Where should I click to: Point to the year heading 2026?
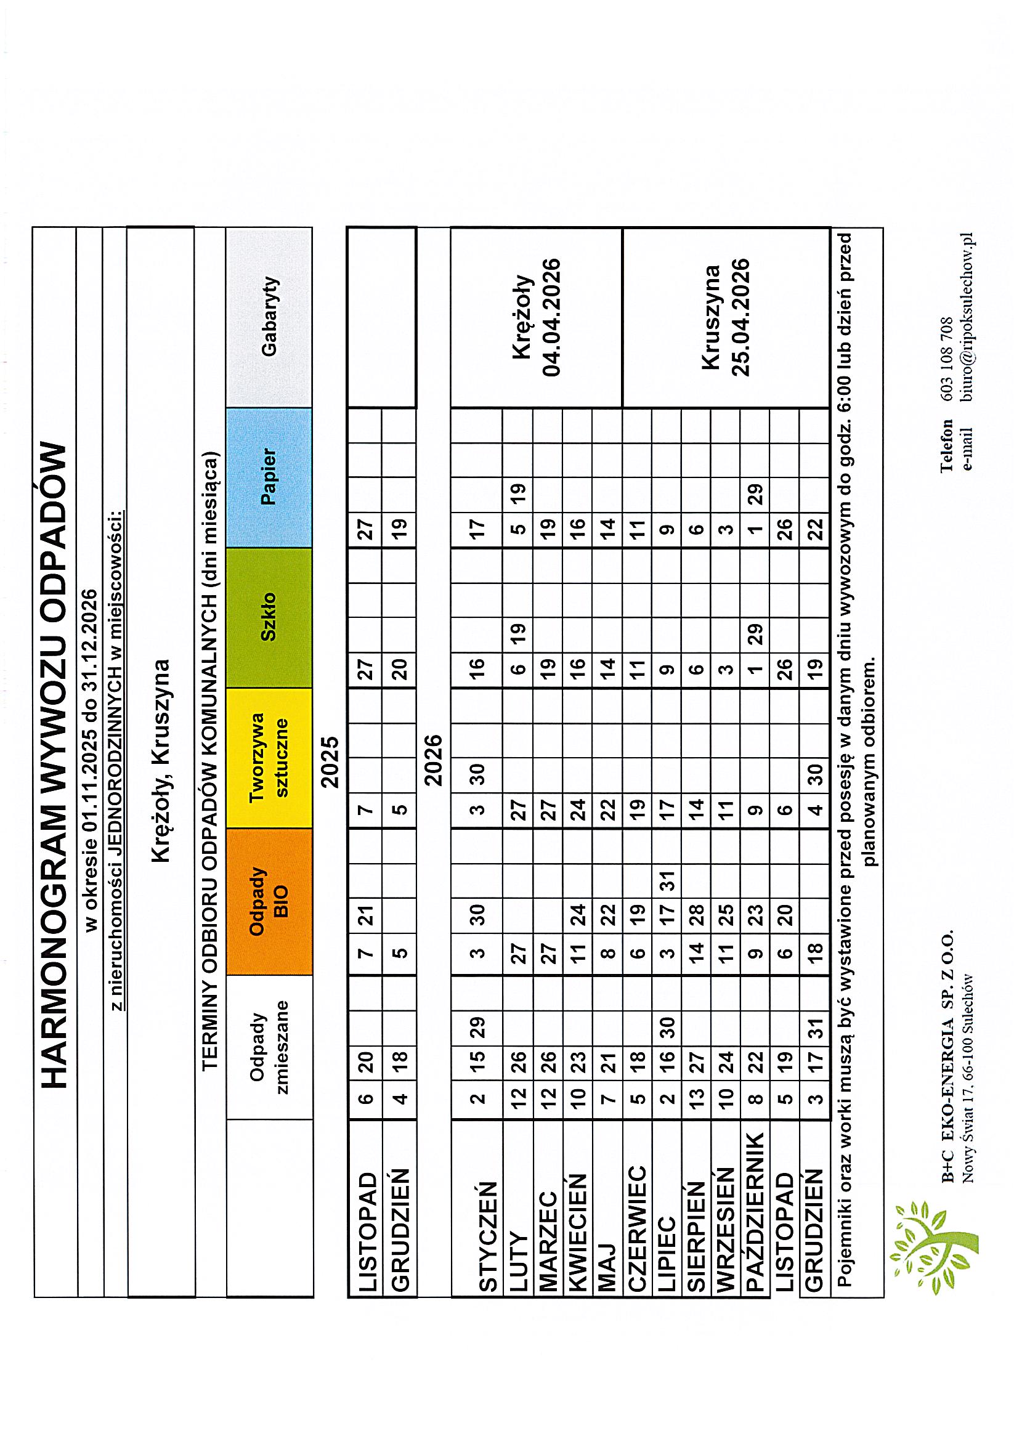tap(433, 761)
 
